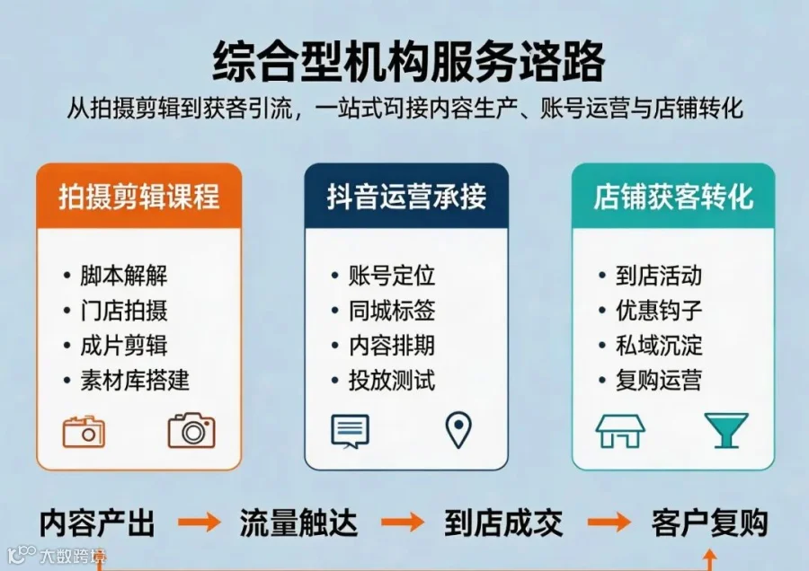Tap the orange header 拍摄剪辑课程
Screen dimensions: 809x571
click(138, 197)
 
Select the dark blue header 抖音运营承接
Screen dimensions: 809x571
click(406, 197)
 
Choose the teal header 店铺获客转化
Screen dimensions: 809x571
click(673, 197)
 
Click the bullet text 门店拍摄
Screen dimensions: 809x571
click(124, 311)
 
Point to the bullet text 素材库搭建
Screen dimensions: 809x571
click(135, 381)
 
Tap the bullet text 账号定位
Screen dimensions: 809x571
click(392, 276)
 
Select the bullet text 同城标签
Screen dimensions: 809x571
click(392, 311)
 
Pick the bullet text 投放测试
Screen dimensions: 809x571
click(392, 381)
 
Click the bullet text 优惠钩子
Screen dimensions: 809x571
click(659, 311)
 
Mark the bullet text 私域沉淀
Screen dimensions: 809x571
click(659, 346)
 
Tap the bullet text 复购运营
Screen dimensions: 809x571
click(659, 381)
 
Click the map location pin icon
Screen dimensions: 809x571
click(458, 429)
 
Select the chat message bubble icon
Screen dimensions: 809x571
click(350, 431)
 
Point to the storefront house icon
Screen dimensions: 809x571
click(620, 430)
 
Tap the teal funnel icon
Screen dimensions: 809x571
click(726, 430)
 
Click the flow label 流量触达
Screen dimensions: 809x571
click(298, 523)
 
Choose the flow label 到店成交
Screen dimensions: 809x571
click(503, 523)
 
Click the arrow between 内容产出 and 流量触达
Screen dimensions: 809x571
click(200, 522)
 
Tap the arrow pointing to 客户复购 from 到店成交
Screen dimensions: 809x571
click(609, 522)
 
